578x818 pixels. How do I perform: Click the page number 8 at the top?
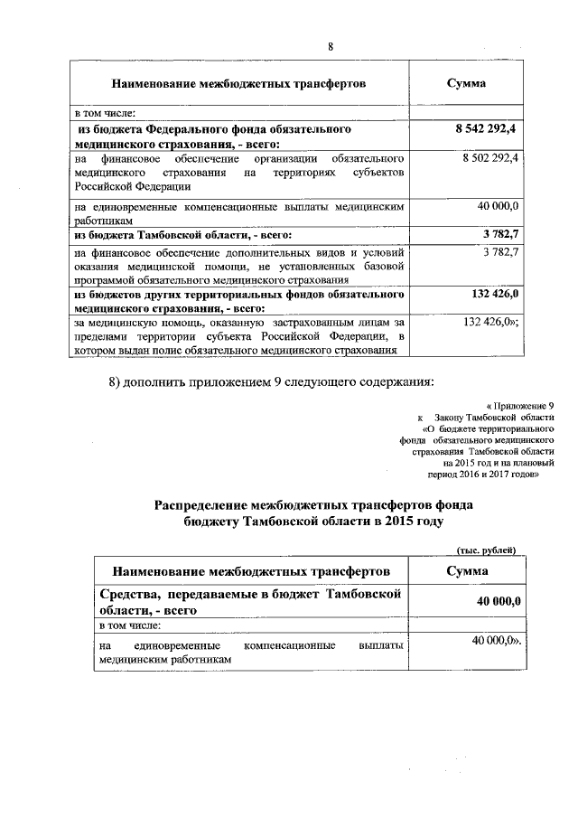pyautogui.click(x=331, y=47)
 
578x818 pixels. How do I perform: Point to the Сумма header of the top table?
pyautogui.click(x=467, y=83)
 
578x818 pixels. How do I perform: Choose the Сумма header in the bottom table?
pyautogui.click(x=467, y=571)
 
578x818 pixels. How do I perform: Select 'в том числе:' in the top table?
pyautogui.click(x=105, y=113)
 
